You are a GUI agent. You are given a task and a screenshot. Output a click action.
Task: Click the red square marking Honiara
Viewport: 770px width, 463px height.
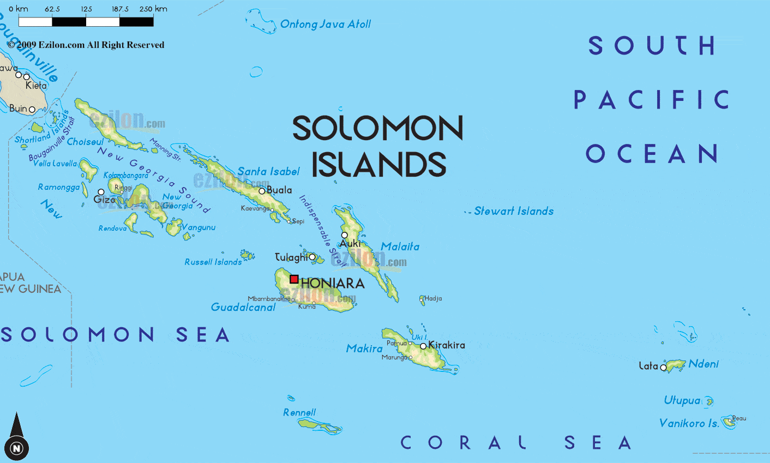[294, 279]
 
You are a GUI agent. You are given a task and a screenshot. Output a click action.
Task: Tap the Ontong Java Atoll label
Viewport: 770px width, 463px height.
[325, 24]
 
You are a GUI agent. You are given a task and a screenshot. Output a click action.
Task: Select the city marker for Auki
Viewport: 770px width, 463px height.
[344, 235]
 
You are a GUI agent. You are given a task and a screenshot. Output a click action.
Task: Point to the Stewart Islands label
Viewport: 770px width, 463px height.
[513, 211]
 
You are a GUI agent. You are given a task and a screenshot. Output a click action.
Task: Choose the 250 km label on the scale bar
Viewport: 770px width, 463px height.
[153, 9]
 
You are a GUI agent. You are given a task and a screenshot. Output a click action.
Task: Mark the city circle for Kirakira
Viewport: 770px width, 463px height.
[423, 346]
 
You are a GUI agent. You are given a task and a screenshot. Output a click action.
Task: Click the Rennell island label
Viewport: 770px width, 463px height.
[299, 412]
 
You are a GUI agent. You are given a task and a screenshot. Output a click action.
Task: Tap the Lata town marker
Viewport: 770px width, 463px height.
[664, 368]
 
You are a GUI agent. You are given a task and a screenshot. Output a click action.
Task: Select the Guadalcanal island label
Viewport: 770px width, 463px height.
[243, 307]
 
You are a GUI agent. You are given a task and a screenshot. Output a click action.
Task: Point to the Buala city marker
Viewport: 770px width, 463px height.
[262, 191]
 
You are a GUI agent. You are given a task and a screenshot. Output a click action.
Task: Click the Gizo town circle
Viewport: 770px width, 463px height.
[101, 192]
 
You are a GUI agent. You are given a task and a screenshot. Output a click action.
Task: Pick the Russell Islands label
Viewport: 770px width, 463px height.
[213, 262]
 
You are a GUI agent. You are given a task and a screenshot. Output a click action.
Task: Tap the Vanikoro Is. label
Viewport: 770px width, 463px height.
[689, 423]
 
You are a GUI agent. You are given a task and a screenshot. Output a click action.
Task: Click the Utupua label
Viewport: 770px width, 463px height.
[682, 400]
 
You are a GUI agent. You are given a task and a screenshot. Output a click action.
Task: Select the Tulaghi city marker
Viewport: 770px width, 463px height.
[312, 257]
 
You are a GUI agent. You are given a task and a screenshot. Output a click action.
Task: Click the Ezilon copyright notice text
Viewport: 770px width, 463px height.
[86, 45]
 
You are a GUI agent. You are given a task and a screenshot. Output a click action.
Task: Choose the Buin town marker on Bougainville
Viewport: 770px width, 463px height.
[32, 110]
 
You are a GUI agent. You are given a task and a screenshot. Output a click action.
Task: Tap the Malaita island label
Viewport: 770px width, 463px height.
[400, 246]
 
